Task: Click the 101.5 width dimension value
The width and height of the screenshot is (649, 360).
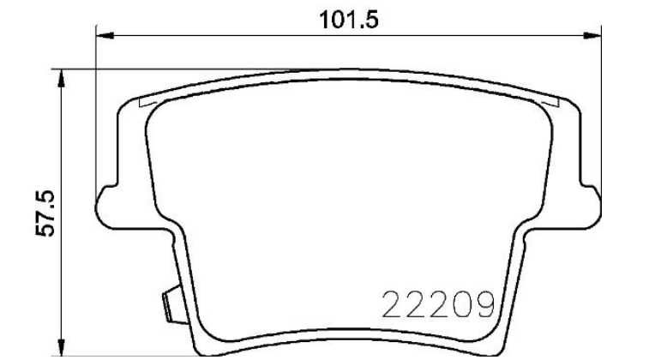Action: click(349, 20)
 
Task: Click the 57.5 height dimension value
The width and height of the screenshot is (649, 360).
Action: click(45, 213)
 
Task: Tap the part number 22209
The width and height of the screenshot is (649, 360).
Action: click(439, 304)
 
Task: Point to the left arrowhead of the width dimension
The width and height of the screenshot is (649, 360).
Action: click(105, 36)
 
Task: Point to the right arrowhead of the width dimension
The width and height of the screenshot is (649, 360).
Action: click(592, 36)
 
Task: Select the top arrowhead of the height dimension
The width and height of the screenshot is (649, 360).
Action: click(61, 78)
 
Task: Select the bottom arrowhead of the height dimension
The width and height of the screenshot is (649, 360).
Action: click(61, 347)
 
